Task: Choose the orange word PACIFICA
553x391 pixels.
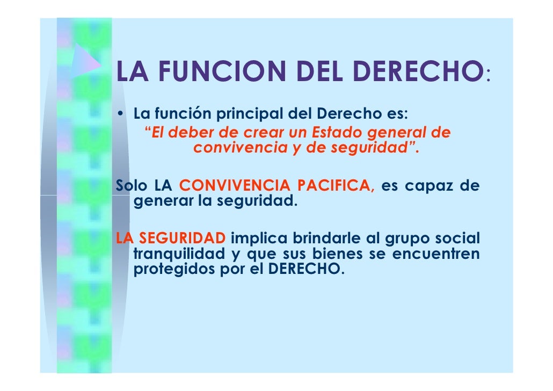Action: click(337, 186)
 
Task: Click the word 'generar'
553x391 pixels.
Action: click(159, 203)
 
